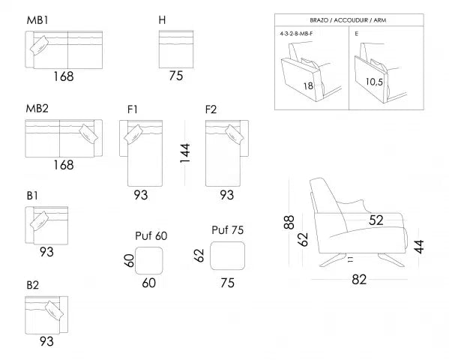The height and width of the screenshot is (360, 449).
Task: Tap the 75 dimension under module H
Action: [x=176, y=75]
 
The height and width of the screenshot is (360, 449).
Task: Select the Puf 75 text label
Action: [x=229, y=230]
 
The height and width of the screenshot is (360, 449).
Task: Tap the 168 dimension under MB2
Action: [x=64, y=164]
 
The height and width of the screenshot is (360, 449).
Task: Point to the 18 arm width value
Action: [x=307, y=86]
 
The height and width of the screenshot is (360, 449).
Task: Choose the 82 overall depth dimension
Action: [x=361, y=280]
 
